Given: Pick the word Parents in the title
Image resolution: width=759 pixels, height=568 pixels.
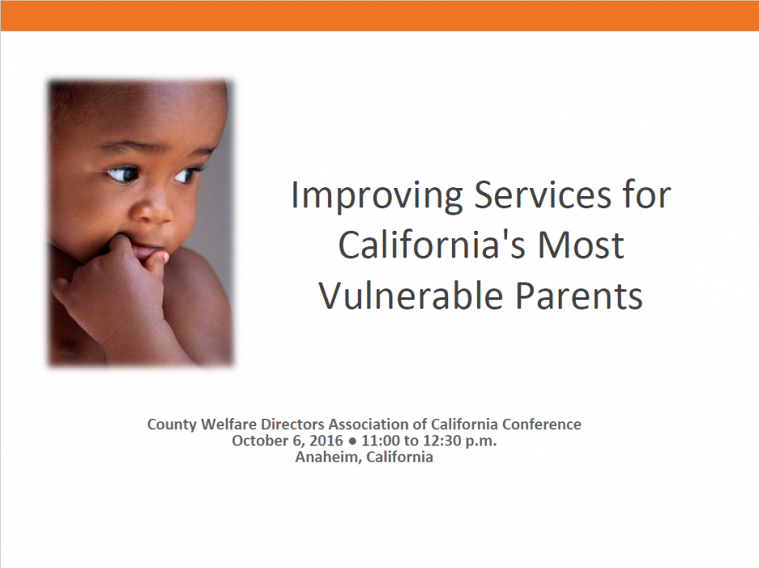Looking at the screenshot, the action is pyautogui.click(x=579, y=295).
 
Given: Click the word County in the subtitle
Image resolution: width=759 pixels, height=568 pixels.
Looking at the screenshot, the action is pyautogui.click(x=172, y=425).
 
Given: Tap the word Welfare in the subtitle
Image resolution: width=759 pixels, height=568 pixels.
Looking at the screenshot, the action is pyautogui.click(x=229, y=424).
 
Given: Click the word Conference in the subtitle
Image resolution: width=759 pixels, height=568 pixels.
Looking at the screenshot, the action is pyautogui.click(x=542, y=424).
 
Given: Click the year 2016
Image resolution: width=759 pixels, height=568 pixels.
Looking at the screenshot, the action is pyautogui.click(x=325, y=441).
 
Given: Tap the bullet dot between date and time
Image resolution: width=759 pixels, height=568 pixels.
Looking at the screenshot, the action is pyautogui.click(x=352, y=441).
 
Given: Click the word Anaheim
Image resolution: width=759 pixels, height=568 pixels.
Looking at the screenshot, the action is pyautogui.click(x=329, y=457).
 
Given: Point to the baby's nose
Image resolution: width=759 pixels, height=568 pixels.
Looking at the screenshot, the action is pyautogui.click(x=152, y=209).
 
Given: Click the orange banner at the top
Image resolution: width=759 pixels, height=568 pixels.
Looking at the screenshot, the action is pyautogui.click(x=379, y=15).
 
